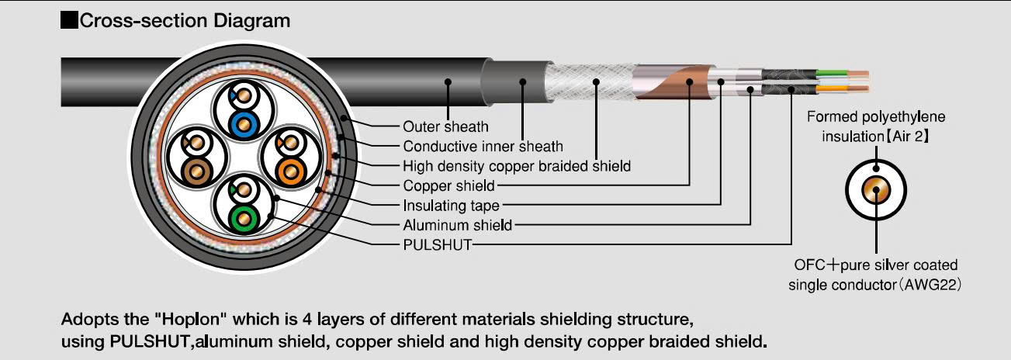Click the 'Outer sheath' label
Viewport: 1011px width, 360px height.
tap(445, 126)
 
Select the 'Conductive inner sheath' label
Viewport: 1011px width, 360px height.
tap(483, 147)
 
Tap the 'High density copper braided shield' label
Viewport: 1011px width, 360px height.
tap(517, 166)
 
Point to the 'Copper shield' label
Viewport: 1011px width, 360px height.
tap(448, 186)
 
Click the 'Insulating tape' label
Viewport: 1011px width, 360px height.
tap(451, 206)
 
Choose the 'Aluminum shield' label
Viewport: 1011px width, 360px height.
tap(457, 225)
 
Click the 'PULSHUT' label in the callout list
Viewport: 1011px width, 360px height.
tap(437, 245)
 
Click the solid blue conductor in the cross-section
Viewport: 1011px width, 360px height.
tap(244, 124)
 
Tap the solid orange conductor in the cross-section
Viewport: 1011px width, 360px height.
tap(291, 172)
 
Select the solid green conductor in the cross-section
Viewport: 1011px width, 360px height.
tap(244, 220)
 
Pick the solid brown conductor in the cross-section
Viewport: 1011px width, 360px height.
tap(197, 172)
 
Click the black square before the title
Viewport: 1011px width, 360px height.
tap(69, 21)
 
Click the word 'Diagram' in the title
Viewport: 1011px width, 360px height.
tap(251, 21)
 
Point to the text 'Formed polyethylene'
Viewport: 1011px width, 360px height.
tap(875, 117)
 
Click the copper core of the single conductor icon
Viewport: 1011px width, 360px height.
tap(875, 190)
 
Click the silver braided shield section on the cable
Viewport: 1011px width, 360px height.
tap(591, 82)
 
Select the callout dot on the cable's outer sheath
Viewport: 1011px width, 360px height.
tap(448, 82)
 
